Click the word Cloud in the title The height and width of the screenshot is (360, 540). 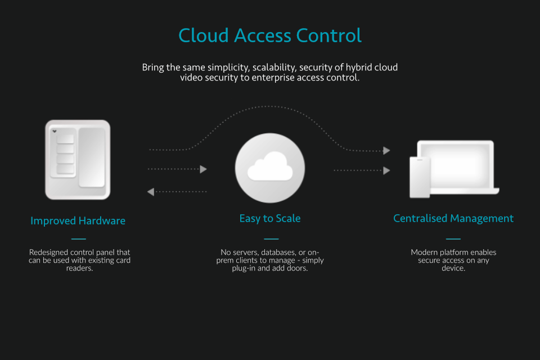coord(203,35)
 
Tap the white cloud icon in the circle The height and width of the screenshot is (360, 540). coord(270,166)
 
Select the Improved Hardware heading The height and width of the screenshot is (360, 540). coord(78,220)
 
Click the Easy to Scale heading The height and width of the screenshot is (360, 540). coord(270,218)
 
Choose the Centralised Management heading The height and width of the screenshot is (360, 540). coord(453,218)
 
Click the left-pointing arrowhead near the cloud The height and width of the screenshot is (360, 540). coord(151,192)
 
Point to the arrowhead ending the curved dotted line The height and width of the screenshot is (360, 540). coord(386,150)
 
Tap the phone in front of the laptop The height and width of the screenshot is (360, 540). coord(420,177)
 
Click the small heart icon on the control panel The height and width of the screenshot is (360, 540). coord(55,132)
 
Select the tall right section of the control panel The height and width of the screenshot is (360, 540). coord(91,157)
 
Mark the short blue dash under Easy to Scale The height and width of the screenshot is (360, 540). coord(271,238)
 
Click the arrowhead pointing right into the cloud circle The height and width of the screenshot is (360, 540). coord(204,169)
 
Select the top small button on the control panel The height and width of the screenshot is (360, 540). coord(65,139)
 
